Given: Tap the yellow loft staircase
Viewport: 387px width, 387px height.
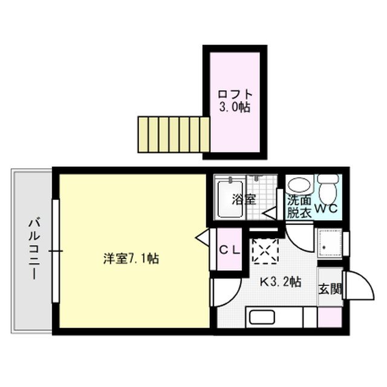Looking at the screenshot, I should pos(174,134).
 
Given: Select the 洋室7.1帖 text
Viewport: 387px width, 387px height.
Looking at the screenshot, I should pos(131,259).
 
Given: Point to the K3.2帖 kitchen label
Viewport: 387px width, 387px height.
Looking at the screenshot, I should pos(281,281).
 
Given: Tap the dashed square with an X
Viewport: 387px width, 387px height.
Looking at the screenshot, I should pos(264,250).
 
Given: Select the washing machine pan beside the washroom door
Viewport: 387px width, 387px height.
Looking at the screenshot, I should pos(331,245).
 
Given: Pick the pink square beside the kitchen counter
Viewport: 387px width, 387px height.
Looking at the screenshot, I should pos(330,317).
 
